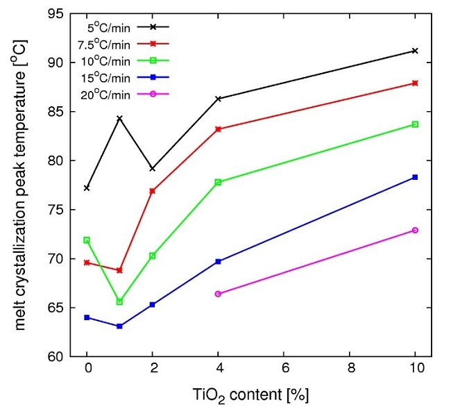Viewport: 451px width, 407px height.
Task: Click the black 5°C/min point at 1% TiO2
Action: click(x=120, y=118)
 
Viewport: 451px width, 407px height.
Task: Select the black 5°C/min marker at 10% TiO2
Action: click(x=415, y=51)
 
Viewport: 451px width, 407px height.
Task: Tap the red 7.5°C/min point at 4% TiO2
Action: click(x=219, y=129)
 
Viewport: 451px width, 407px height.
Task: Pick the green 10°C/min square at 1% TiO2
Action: click(x=120, y=301)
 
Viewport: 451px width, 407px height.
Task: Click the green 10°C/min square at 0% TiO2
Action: click(x=87, y=240)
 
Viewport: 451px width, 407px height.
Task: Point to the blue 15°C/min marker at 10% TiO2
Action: click(x=415, y=177)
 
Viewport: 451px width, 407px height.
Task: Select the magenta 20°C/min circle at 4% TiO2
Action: click(x=219, y=294)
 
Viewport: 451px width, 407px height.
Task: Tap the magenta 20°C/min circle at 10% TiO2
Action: click(x=415, y=230)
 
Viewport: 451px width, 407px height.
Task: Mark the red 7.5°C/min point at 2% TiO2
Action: click(x=153, y=190)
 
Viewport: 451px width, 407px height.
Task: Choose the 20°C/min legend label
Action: click(x=108, y=94)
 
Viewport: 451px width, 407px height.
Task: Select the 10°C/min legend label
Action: click(x=108, y=60)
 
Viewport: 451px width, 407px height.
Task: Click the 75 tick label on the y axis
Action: click(x=57, y=210)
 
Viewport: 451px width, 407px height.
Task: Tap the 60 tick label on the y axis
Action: click(x=57, y=357)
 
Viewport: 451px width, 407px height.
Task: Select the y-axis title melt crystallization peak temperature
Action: click(x=21, y=185)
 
